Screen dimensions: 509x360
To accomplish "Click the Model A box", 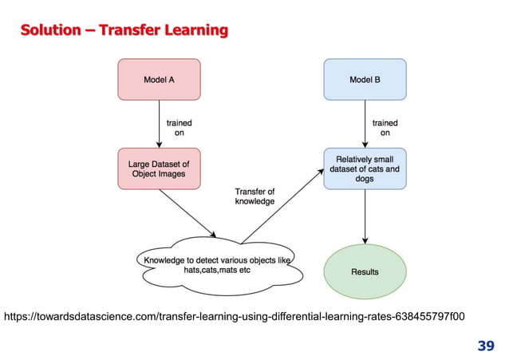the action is [x=159, y=80].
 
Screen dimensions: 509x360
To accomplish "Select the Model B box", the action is [x=365, y=80].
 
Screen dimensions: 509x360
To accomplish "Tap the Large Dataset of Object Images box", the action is [x=159, y=168].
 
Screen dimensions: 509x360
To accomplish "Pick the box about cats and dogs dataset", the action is [x=365, y=168].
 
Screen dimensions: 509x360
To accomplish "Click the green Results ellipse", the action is [x=365, y=271].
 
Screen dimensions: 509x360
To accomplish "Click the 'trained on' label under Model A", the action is [x=178, y=128].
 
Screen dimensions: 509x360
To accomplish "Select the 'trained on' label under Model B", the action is [x=385, y=128].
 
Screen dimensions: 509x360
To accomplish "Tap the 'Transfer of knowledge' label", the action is [x=254, y=196].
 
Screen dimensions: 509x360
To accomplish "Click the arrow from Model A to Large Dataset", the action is [x=159, y=124].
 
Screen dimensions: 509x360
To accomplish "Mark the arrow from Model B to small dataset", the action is [x=365, y=124].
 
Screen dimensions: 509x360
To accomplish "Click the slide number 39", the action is [x=485, y=346].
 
